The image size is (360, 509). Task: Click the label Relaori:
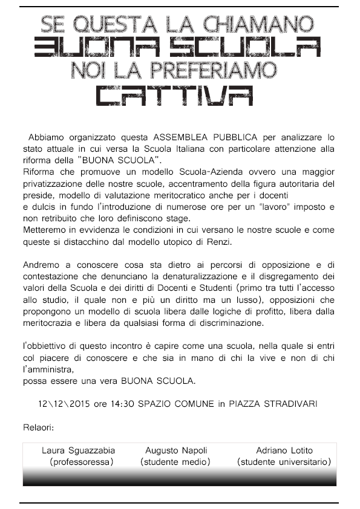pos(39,427)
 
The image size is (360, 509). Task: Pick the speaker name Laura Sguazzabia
pos(78,451)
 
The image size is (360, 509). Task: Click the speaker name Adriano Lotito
pos(284,451)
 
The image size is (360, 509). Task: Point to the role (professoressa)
pos(82,462)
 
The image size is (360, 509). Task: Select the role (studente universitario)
pos(284,462)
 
